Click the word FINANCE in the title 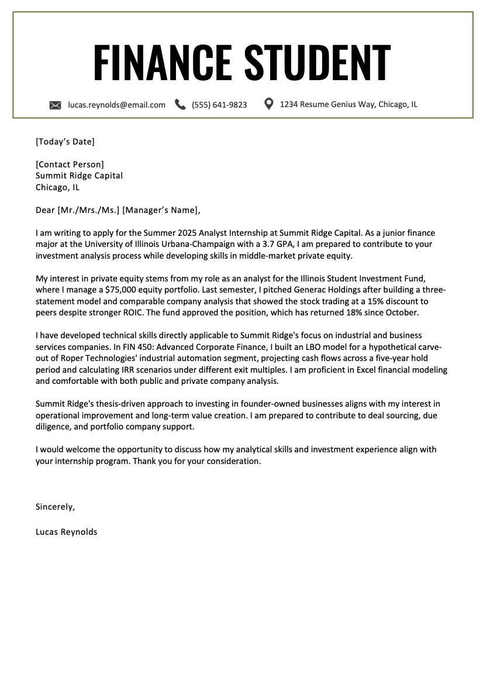[x=162, y=62]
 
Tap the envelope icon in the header [x=55, y=105]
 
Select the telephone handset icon [x=181, y=105]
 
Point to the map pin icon [x=269, y=104]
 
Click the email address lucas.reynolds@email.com [x=116, y=105]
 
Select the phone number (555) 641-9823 [x=219, y=105]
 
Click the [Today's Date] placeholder [x=65, y=141]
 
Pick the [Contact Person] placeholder [x=70, y=164]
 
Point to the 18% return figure [x=339, y=312]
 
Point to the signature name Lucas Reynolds [x=66, y=532]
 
